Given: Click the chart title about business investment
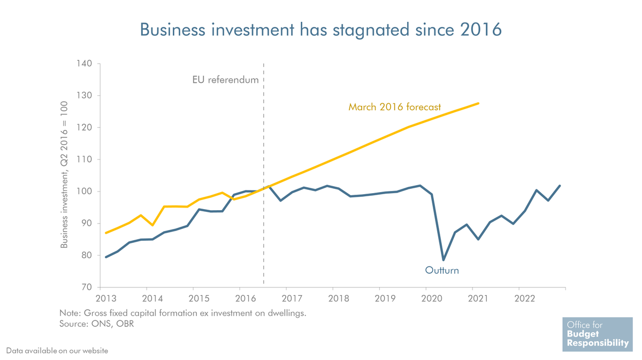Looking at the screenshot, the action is tap(320, 30).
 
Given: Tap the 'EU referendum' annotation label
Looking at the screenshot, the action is tap(225, 80).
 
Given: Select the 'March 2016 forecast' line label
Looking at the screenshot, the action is tap(394, 107).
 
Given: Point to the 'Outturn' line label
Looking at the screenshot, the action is tap(442, 270).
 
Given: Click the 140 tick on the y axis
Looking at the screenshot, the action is tap(84, 63).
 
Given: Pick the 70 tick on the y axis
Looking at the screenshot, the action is tap(87, 287).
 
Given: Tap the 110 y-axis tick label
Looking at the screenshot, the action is tap(84, 159).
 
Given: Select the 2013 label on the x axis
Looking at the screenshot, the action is tap(106, 298).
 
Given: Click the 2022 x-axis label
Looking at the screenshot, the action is tap(525, 298).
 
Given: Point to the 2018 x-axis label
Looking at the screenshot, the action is tap(339, 298).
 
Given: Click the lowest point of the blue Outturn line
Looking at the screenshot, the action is tap(444, 260).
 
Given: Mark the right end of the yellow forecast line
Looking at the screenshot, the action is tap(478, 103).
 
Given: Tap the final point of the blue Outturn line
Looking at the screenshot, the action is tap(560, 186).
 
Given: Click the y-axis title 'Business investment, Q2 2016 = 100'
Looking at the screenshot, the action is tap(64, 174).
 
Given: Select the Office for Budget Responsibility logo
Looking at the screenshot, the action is tap(598, 334).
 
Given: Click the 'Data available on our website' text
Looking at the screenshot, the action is tap(57, 351).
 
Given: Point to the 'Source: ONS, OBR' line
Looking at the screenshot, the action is tap(97, 324).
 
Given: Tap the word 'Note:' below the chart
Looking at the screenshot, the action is tap(70, 313).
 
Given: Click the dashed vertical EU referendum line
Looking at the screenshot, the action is tap(264, 174).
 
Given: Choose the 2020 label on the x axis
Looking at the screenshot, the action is tap(432, 298).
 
